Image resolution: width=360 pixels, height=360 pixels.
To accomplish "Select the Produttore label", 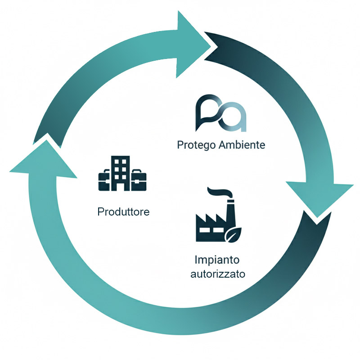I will [123, 211].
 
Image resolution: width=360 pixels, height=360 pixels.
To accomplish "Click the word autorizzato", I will [218, 274].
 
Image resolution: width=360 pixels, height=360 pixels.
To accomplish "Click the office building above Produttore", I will [121, 173].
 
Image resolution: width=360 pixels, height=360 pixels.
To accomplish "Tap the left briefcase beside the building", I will [105, 180].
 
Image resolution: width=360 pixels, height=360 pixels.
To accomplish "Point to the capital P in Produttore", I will [100, 211].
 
